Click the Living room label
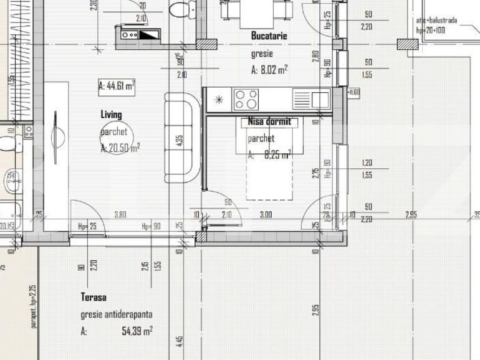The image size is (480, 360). click(x=112, y=115)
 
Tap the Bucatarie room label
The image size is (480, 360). click(x=269, y=36)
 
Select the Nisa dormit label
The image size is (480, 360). click(x=269, y=122)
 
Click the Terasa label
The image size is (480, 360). click(x=93, y=297)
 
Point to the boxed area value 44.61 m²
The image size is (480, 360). click(x=117, y=87)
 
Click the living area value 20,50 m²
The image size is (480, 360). click(x=120, y=148)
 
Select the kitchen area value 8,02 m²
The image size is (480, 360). click(x=269, y=70)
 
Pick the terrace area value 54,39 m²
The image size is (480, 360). click(x=137, y=331)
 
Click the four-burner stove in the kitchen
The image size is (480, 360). click(x=246, y=99)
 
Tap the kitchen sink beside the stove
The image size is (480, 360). click(x=320, y=98)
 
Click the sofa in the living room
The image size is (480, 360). click(x=179, y=138)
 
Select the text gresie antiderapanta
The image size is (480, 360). click(x=116, y=315)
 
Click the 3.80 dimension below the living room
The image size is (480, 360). click(x=120, y=215)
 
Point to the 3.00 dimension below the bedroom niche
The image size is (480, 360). click(x=266, y=215)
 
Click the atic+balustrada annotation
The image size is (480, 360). click(x=436, y=21)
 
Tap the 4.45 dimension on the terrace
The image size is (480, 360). click(x=179, y=342)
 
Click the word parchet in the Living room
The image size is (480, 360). click(x=115, y=132)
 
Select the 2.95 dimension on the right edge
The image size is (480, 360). click(x=411, y=215)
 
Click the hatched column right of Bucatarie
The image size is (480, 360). click(x=408, y=44)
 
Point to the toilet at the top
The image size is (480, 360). click(x=179, y=9)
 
